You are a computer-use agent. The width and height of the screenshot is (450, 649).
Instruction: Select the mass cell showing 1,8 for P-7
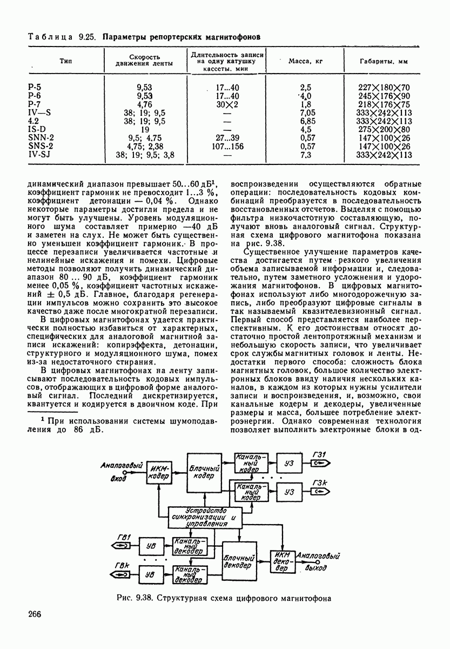click(x=306, y=104)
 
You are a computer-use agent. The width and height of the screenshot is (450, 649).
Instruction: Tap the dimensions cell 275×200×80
click(x=385, y=129)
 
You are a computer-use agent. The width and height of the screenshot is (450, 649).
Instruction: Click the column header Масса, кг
click(x=306, y=61)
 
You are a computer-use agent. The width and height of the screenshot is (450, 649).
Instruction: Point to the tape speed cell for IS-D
click(x=145, y=129)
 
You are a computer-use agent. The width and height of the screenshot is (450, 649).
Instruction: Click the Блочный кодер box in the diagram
click(x=205, y=472)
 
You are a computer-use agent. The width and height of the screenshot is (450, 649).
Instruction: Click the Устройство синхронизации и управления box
click(x=205, y=518)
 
